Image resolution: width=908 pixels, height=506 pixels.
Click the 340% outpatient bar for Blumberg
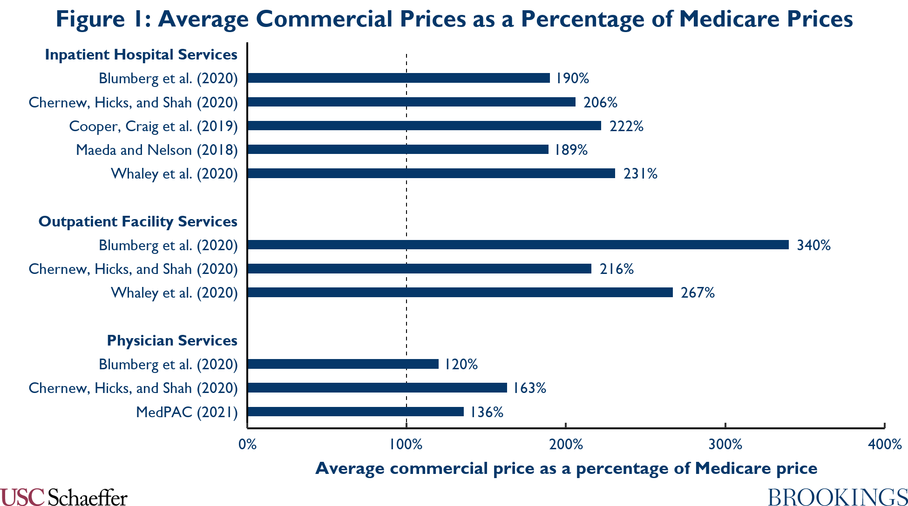point(518,245)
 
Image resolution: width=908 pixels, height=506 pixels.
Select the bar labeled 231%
point(431,173)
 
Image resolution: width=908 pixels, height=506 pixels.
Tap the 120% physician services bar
point(343,364)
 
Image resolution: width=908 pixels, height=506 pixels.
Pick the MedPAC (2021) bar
point(356,412)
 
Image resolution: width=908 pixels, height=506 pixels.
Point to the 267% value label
point(698,293)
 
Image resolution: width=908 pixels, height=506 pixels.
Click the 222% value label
point(626,126)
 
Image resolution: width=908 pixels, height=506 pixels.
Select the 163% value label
point(529,388)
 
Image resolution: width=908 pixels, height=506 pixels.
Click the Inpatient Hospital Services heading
point(141,54)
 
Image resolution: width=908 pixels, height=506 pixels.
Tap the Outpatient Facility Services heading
point(138,221)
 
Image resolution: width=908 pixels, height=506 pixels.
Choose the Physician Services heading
point(172,340)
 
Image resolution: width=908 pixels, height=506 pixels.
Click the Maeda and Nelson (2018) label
point(157,150)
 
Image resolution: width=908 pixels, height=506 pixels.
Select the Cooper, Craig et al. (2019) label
point(153,126)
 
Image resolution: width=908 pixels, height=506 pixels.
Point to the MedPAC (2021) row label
point(187,412)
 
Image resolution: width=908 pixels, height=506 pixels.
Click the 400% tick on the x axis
point(885,444)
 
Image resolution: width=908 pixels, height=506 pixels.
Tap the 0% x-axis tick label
point(247,444)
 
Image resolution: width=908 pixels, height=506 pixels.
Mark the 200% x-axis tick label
point(566,444)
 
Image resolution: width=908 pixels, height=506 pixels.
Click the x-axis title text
point(566,468)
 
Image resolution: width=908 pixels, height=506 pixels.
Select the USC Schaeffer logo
point(64,497)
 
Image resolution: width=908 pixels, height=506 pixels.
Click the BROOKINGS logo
point(837,497)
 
